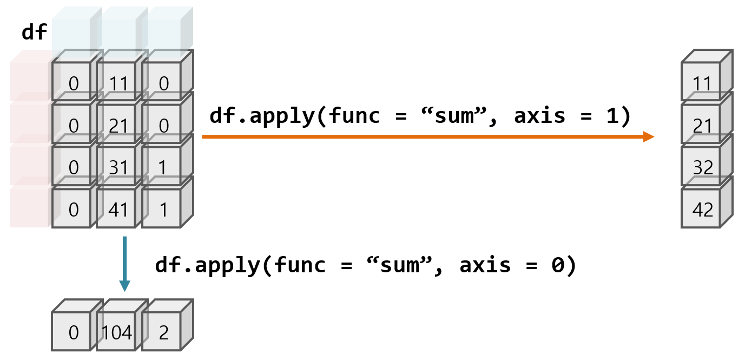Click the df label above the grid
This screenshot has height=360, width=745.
click(34, 32)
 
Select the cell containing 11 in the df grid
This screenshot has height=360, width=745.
click(118, 83)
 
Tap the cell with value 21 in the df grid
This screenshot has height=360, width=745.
click(118, 126)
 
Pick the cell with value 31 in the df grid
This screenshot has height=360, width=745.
click(118, 167)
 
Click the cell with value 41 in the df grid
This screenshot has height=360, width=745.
click(118, 209)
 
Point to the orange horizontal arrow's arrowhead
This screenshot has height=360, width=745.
click(649, 137)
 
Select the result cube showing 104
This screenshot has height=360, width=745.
click(117, 332)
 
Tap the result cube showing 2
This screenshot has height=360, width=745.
click(163, 332)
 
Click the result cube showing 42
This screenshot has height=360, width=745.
click(703, 210)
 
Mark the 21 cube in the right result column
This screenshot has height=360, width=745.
click(703, 126)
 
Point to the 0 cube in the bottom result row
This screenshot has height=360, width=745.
click(74, 332)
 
